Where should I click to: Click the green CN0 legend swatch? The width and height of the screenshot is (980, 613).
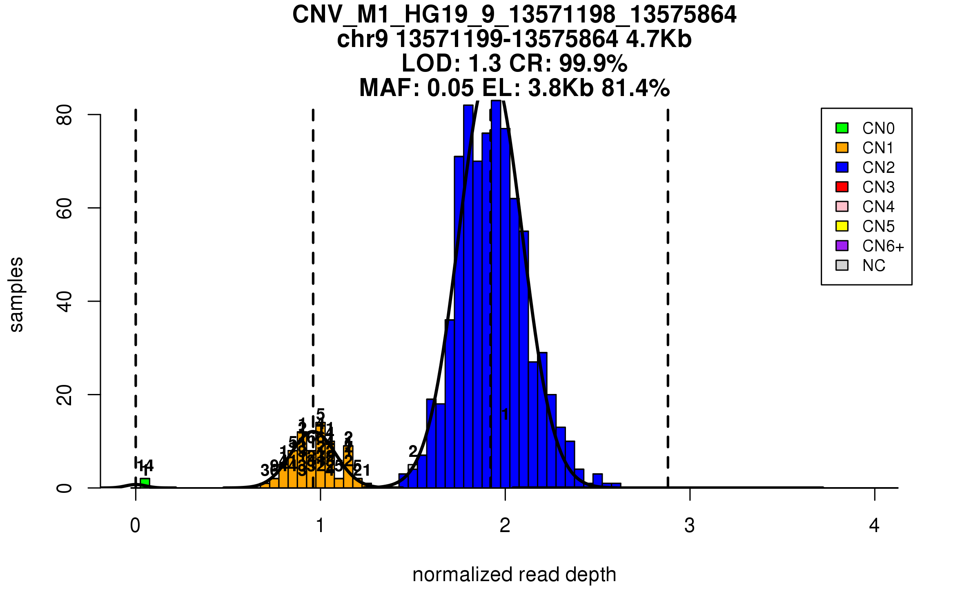coord(842,128)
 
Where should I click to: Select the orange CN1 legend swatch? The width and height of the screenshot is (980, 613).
coord(842,148)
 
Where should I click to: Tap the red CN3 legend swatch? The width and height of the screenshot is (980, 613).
coord(842,187)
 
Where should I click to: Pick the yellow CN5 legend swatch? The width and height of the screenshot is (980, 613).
coord(842,226)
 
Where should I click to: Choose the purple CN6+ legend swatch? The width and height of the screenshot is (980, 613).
coord(842,246)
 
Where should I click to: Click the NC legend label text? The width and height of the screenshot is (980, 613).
coord(873,266)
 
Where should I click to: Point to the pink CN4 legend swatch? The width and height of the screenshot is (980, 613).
coord(842,206)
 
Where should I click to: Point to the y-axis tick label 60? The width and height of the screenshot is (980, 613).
coord(65,208)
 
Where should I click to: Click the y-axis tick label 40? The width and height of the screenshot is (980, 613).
coord(65,302)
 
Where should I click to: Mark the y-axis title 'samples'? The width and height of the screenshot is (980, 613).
coord(16,294)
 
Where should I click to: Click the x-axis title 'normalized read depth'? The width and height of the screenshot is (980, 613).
coord(514,575)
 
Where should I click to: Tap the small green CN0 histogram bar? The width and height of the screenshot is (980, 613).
coord(145,483)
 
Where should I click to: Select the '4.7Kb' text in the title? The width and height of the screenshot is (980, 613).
coord(659,39)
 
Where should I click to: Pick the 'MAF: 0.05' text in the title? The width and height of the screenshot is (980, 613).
coord(416,88)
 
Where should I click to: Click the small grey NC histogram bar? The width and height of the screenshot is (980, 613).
coord(412,467)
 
